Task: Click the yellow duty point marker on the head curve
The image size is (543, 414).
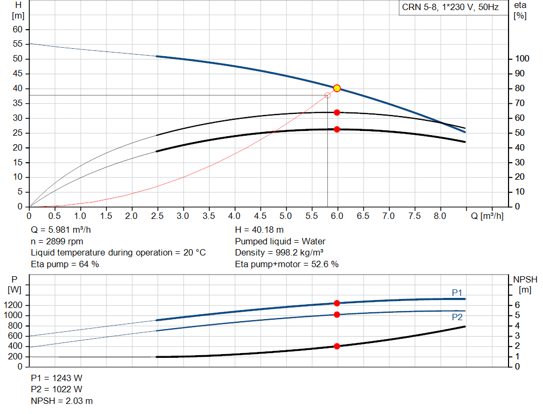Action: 337,89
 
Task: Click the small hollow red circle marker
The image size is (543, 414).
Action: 327,95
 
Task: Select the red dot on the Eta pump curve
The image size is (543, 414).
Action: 337,112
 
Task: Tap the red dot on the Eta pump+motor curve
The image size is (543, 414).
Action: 337,129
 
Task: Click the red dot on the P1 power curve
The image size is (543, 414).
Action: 337,303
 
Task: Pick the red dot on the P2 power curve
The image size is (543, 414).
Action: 337,315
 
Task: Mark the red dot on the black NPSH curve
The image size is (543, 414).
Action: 337,346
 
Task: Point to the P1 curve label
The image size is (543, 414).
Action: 457,293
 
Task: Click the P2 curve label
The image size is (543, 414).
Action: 457,317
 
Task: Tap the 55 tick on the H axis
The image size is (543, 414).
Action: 19,44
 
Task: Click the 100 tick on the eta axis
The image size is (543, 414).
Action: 522,59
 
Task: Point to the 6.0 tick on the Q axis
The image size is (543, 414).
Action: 337,216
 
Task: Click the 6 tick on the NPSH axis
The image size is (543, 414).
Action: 518,305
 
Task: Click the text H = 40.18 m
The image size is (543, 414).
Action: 259,230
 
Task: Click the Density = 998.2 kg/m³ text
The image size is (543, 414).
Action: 279,252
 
